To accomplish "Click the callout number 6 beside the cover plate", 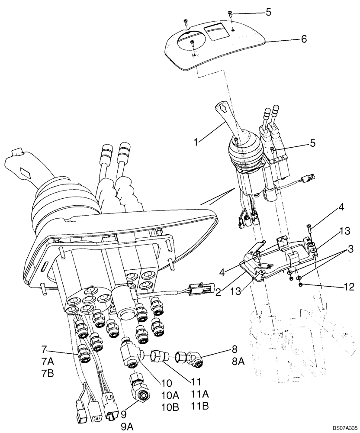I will pos(304,39).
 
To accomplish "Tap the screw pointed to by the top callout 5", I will pos(231,14).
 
